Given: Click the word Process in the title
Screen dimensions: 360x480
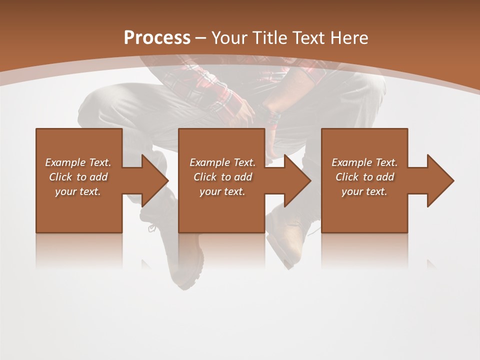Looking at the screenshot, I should point(157,38).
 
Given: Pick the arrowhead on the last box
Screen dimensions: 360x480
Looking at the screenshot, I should point(440,180).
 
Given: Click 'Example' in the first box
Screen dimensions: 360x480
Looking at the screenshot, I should point(65,162).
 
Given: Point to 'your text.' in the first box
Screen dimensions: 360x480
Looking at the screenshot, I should point(78,191).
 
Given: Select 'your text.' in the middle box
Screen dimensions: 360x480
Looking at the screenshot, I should point(222,191).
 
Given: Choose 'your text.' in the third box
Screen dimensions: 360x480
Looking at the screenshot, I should point(364,191).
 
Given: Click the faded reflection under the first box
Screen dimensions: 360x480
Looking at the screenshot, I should point(78,250).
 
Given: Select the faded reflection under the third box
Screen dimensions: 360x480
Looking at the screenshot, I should point(364,250).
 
